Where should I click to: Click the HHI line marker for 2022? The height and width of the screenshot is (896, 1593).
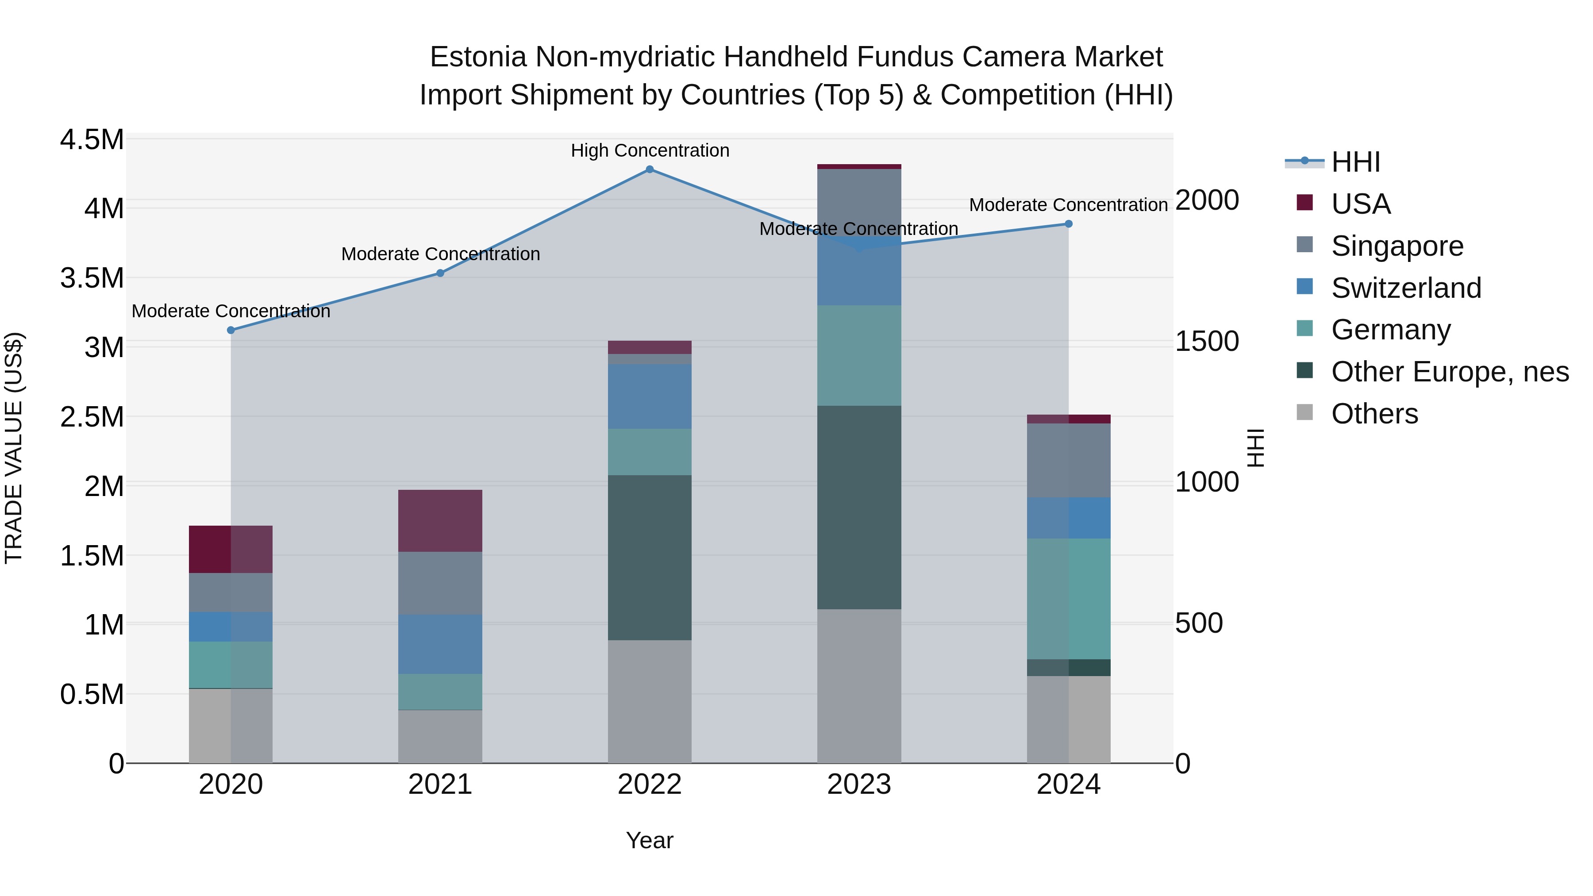coord(649,169)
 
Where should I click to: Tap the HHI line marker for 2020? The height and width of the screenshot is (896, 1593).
coord(231,330)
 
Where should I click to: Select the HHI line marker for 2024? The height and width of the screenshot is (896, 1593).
coord(1068,224)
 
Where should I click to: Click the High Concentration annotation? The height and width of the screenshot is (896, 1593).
coord(649,151)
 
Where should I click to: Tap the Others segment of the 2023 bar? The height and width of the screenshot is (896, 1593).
coord(858,686)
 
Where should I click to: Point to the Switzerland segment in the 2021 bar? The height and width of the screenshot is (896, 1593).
coord(440,644)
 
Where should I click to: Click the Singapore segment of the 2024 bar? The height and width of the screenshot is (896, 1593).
coord(1068,460)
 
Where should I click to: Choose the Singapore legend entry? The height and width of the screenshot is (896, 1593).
coord(1397,246)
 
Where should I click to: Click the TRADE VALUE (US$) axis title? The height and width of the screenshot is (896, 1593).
coord(14,448)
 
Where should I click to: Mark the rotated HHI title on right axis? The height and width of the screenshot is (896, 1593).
coord(1255,448)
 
